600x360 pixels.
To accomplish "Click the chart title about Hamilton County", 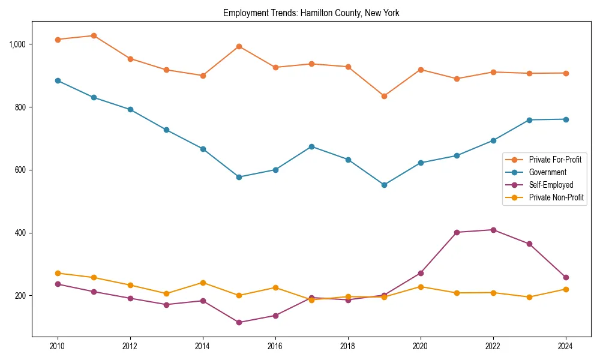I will (x=311, y=13).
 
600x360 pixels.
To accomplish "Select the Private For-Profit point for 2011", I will (x=94, y=35).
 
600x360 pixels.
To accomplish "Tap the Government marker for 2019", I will (x=384, y=185).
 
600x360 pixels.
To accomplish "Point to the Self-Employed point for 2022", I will (x=493, y=230).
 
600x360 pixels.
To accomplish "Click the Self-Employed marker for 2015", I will (x=239, y=322).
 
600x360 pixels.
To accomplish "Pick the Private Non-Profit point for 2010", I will (x=58, y=273).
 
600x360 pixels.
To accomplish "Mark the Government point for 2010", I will (x=58, y=80).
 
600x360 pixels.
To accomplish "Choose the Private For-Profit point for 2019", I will (x=384, y=96).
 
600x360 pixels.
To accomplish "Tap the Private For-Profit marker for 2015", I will (x=239, y=46).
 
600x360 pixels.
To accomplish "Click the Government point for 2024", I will (x=566, y=119).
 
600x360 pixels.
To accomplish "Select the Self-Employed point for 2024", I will (x=566, y=277).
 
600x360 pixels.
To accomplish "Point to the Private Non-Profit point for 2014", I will (x=203, y=283).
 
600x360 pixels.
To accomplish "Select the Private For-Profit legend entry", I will (x=555, y=160).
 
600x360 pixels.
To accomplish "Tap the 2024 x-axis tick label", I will (x=566, y=346).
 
